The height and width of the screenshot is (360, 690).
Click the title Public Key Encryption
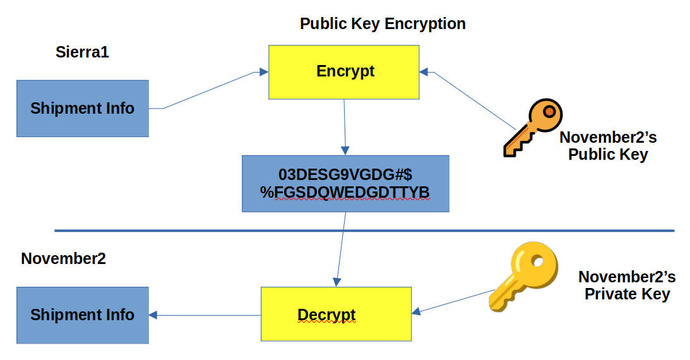coord(383,24)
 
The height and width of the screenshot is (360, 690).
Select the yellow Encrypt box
coord(344,72)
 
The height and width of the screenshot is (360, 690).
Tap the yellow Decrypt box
coord(336,314)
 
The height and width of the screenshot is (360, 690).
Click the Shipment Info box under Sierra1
coord(82,108)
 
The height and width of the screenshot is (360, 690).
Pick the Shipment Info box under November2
coord(82,315)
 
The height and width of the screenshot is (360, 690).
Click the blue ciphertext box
coord(345,183)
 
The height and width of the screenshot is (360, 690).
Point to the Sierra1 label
coord(82,52)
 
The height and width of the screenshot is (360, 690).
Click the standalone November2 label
coord(63,258)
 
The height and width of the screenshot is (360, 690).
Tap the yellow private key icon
coord(523,275)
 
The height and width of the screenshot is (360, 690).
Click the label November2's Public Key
coord(608,146)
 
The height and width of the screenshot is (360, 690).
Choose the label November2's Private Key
coord(627,285)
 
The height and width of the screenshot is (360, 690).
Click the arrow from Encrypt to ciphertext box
coord(344,126)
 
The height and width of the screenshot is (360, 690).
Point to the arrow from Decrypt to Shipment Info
coord(205,315)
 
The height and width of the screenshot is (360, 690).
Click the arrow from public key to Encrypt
coord(470,99)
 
